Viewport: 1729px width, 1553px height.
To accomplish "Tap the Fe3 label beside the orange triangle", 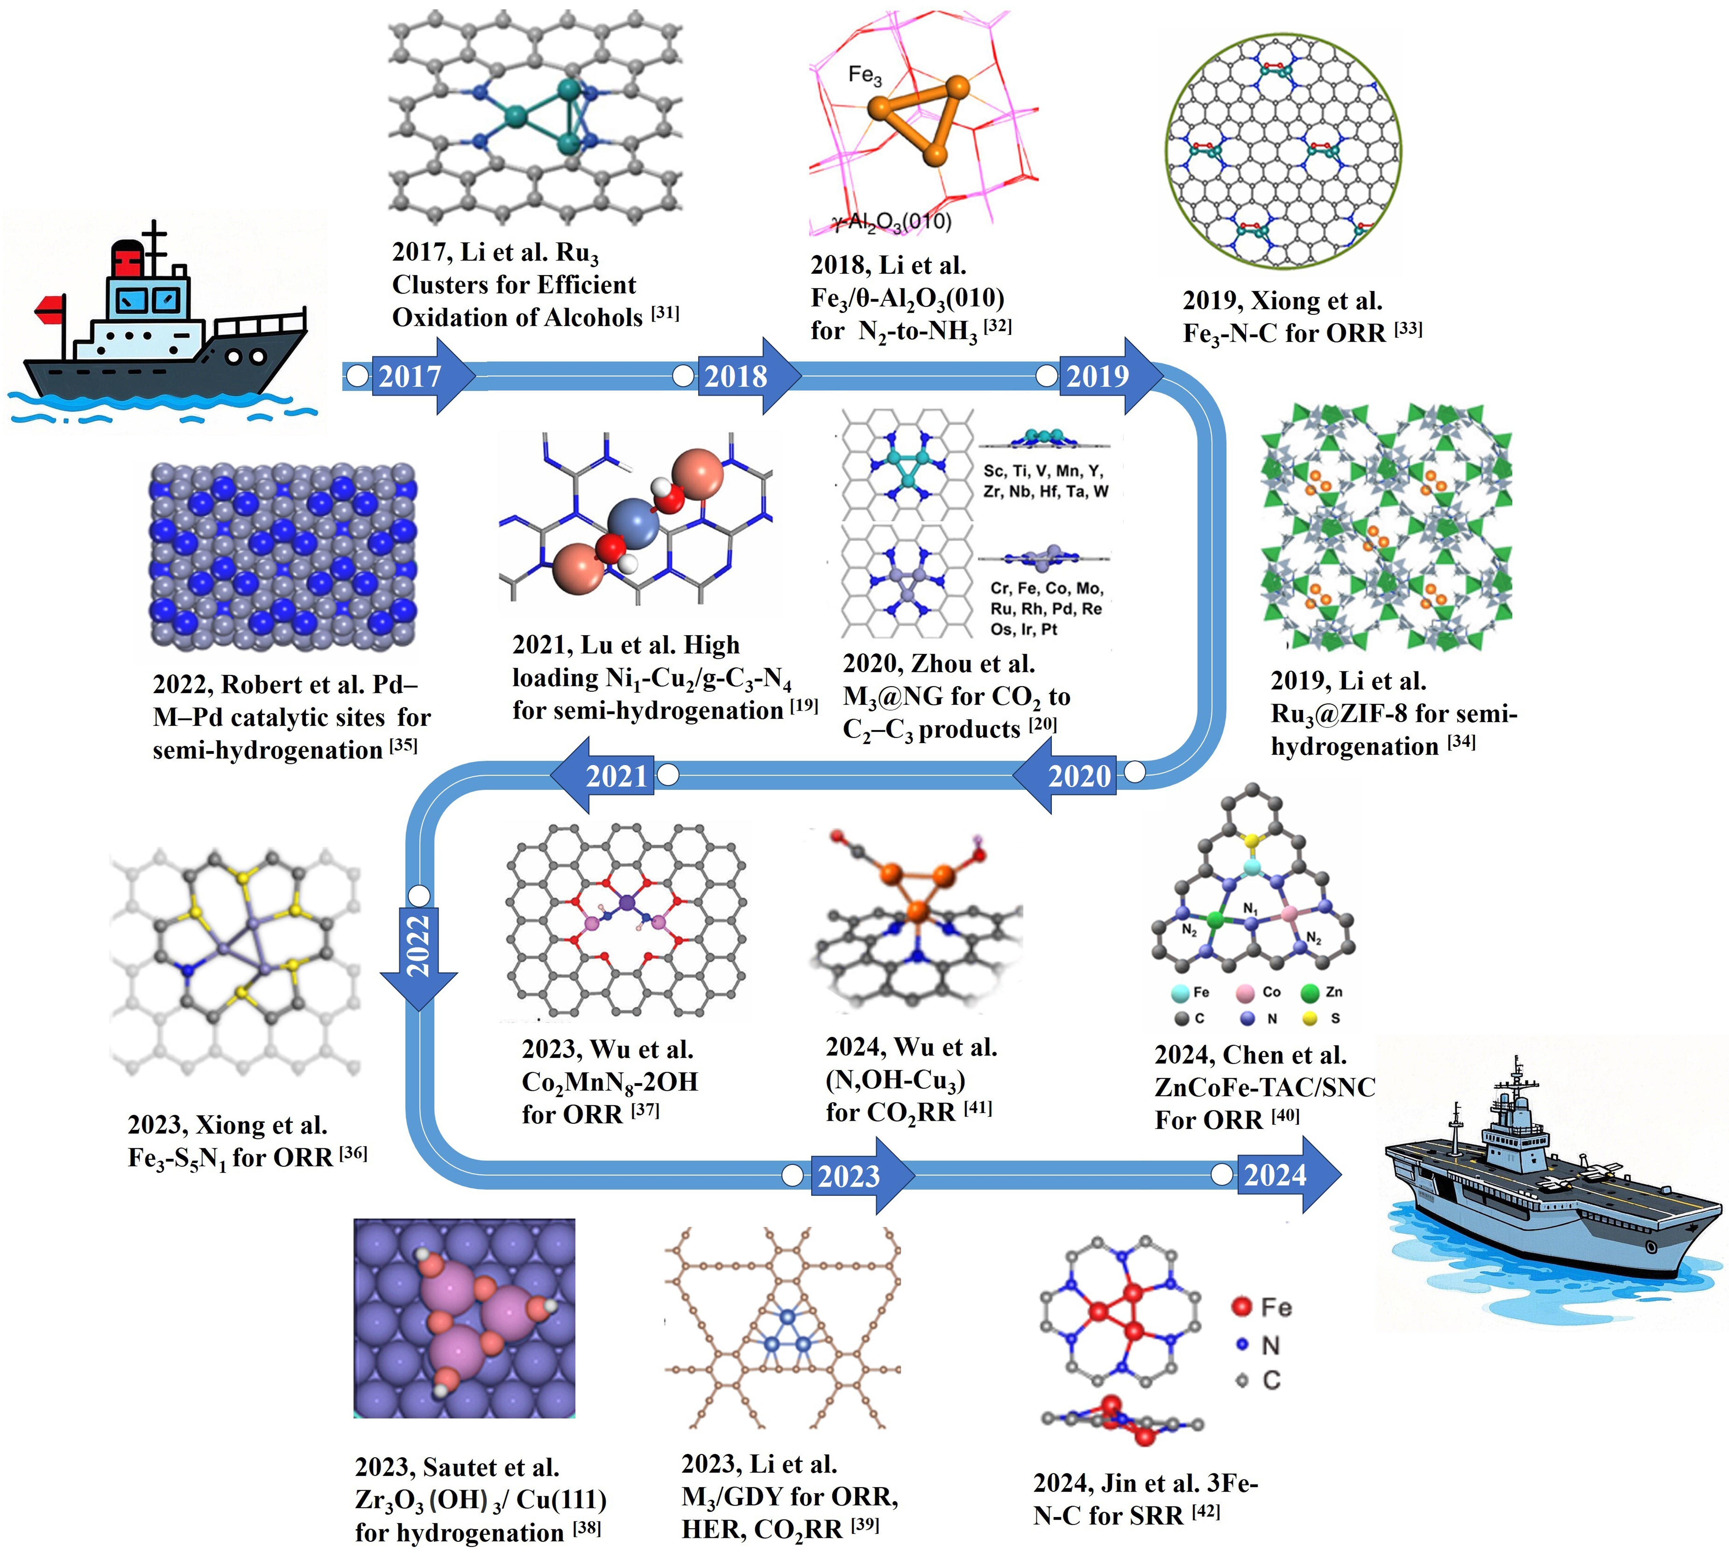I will (865, 76).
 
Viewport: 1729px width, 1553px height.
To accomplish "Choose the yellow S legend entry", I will (1323, 1018).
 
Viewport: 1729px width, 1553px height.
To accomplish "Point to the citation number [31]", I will (665, 313).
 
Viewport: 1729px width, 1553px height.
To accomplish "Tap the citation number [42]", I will (1206, 1512).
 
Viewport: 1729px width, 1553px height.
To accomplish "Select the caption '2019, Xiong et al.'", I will (1282, 300).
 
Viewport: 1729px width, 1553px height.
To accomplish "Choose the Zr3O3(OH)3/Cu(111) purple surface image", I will (464, 1318).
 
